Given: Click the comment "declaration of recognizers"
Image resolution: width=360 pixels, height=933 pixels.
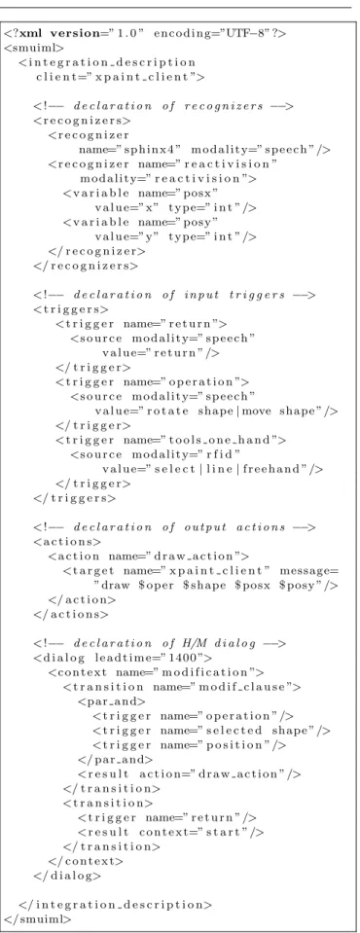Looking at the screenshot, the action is [168, 106].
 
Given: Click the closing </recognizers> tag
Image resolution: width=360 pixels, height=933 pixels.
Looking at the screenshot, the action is [87, 266].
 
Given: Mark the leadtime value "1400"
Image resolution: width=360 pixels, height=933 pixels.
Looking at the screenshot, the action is [178, 659].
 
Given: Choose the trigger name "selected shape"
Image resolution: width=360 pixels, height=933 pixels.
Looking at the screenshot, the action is [261, 732].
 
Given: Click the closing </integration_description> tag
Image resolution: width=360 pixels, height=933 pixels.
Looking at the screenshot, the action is [116, 906].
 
